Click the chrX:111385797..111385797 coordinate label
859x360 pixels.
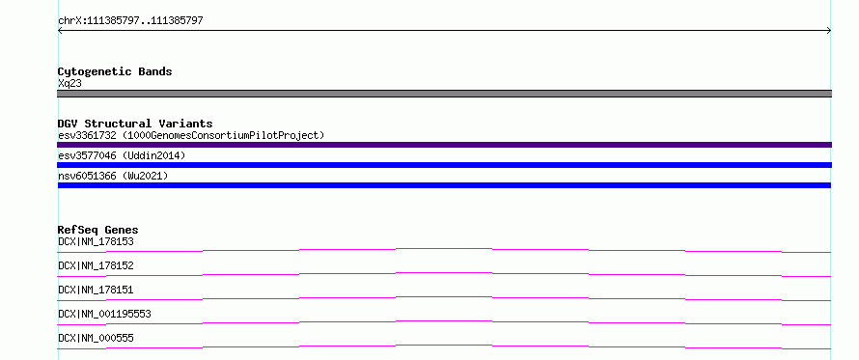[x=130, y=21]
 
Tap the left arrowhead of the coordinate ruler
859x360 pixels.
[x=59, y=31]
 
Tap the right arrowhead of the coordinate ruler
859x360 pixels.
[x=829, y=31]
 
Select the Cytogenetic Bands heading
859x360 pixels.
[x=115, y=71]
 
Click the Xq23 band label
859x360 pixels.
[x=70, y=84]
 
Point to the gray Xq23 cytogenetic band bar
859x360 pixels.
[x=444, y=94]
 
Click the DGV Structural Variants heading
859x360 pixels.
[x=135, y=124]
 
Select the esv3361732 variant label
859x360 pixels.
[x=87, y=135]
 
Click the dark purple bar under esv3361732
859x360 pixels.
[x=444, y=145]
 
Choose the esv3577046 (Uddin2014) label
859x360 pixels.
[x=122, y=155]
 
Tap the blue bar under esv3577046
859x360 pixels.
[x=444, y=165]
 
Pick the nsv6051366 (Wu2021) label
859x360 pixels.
[x=113, y=176]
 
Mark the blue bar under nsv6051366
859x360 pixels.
[x=444, y=185]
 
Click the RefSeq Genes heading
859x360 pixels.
[x=98, y=230]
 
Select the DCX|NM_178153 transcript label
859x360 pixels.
[x=96, y=241]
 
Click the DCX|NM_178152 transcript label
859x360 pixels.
[x=96, y=265]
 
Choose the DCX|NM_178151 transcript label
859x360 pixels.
[x=96, y=290]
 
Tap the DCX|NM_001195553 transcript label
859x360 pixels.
[x=104, y=314]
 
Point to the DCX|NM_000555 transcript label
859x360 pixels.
[x=96, y=338]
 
